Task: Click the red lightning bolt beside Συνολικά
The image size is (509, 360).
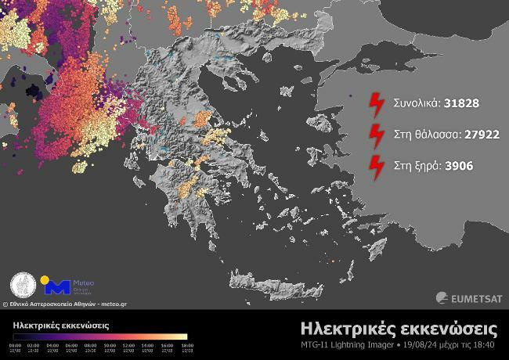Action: [x=377, y=103]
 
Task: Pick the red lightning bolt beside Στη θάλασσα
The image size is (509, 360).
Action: [x=377, y=134]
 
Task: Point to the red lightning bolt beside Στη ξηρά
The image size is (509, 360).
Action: [x=377, y=166]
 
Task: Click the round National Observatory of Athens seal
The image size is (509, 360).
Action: [x=23, y=285]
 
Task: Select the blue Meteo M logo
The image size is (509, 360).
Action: [x=60, y=286]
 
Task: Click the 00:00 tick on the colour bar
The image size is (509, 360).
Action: [x=16, y=344]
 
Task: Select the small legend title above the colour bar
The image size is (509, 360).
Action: [x=61, y=324]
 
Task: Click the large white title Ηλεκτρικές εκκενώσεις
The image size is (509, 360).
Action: [x=399, y=326]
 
